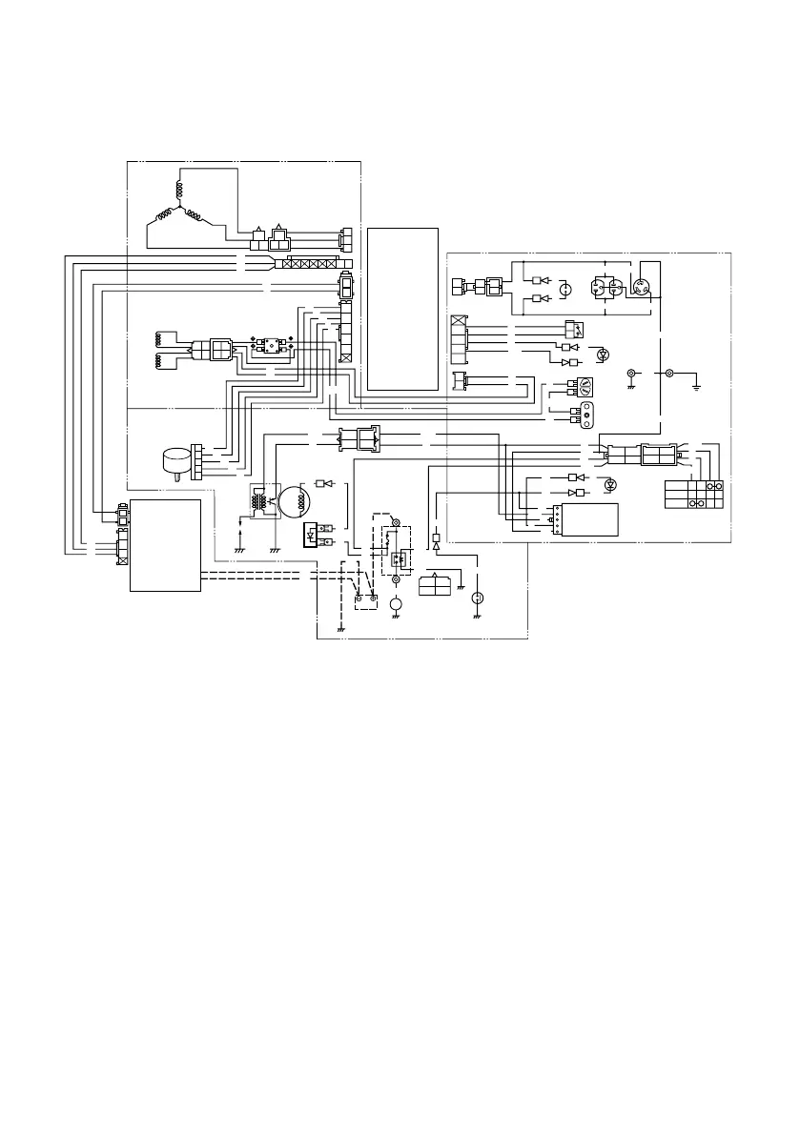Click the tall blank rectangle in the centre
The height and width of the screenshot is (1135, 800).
tap(402, 308)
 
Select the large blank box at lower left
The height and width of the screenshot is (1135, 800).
tap(166, 543)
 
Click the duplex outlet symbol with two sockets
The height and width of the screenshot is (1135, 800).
tap(606, 288)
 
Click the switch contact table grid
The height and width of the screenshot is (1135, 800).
tap(693, 494)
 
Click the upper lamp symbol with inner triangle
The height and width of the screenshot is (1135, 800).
tap(601, 355)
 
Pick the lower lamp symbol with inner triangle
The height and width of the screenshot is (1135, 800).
tap(610, 485)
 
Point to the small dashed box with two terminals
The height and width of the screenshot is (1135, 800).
tap(363, 600)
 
